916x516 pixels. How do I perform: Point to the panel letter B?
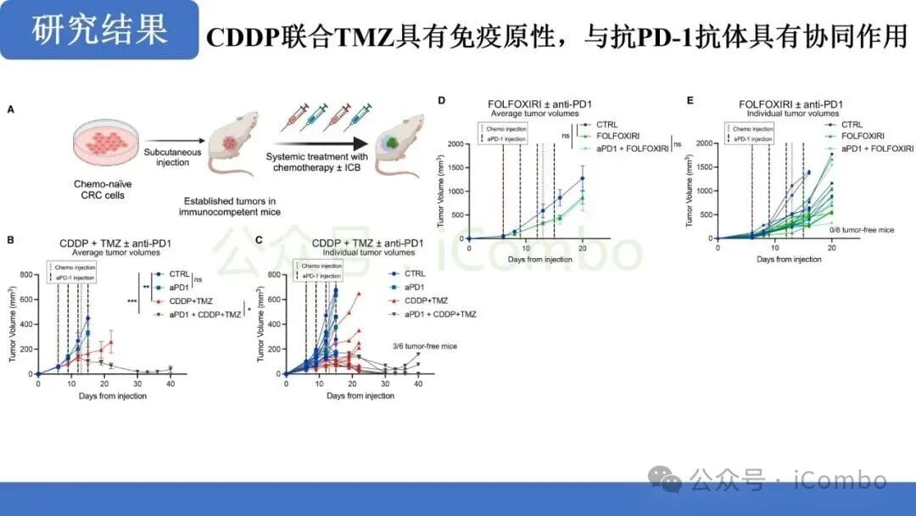10,241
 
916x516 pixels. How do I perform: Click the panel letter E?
690,99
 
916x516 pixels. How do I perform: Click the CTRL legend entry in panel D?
607,124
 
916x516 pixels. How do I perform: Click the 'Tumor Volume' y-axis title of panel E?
690,192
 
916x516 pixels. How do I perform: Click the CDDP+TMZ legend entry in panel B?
191,301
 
